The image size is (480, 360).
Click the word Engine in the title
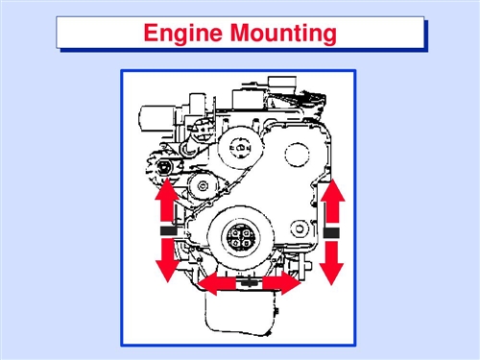click(182, 34)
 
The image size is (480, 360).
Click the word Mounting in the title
click(283, 34)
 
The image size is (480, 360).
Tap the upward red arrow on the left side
click(166, 201)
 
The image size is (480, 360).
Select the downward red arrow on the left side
click(168, 260)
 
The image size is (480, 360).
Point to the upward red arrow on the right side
click(333, 201)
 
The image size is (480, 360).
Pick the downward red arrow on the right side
click(331, 263)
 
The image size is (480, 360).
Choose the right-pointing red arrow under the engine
click(281, 283)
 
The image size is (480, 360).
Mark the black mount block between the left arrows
click(169, 230)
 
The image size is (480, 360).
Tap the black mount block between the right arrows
click(331, 232)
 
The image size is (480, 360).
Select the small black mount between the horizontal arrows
click(247, 282)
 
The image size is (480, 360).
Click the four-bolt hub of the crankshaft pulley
click(241, 237)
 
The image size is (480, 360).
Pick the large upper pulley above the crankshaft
click(241, 148)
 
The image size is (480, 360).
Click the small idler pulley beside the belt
click(203, 186)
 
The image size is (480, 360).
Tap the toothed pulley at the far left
click(163, 167)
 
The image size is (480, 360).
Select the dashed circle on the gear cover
click(298, 155)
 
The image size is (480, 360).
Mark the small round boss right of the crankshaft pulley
click(300, 228)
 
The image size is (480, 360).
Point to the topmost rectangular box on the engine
click(282, 84)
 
